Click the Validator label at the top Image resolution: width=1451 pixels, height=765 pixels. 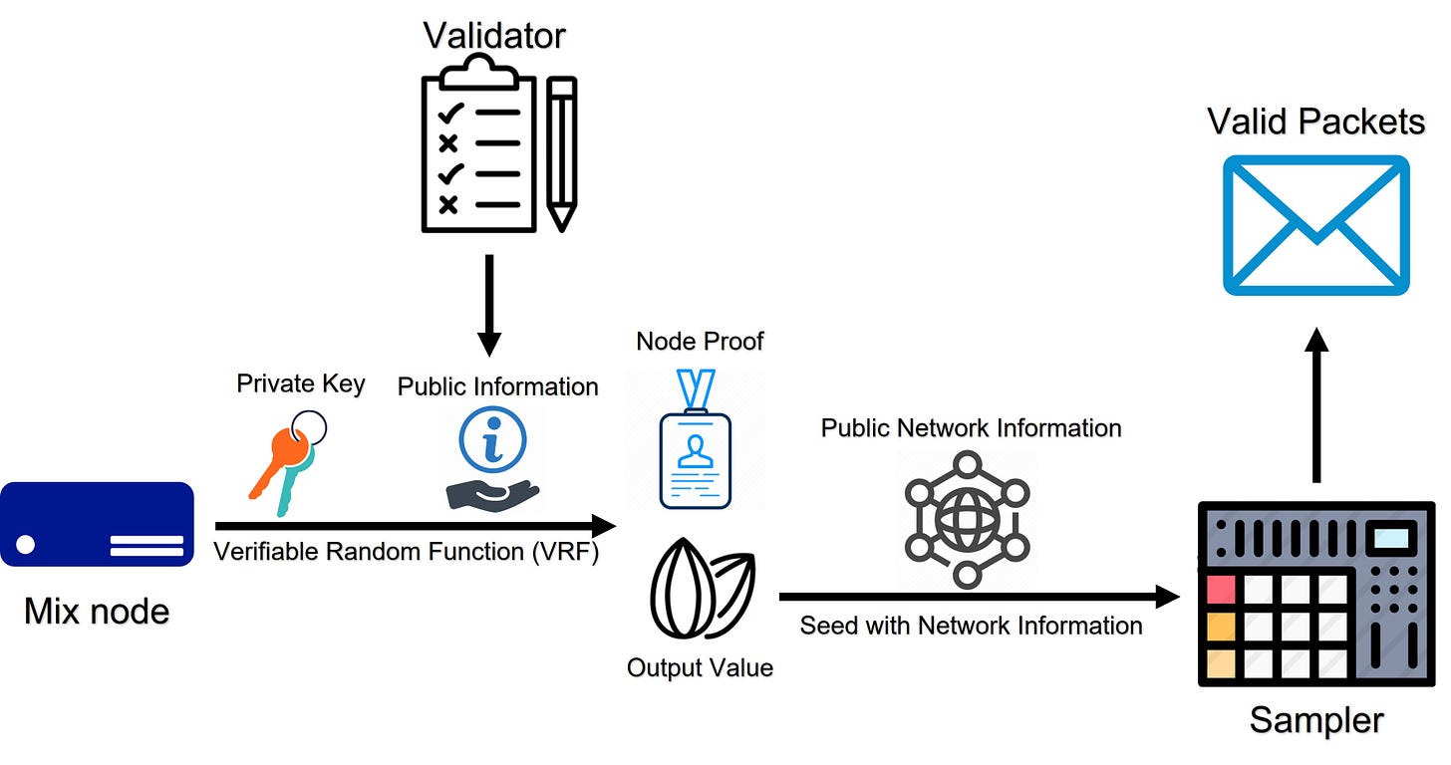click(494, 35)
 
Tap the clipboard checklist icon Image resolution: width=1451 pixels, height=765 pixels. click(478, 143)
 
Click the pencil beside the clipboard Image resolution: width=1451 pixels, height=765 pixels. click(562, 154)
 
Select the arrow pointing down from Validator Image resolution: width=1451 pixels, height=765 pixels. click(489, 305)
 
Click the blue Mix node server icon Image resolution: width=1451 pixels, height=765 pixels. click(98, 524)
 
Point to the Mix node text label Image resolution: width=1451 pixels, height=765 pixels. click(97, 611)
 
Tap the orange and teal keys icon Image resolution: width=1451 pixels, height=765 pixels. click(288, 463)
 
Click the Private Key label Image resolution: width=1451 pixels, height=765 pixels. click(301, 383)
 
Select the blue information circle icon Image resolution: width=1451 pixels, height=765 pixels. click(493, 439)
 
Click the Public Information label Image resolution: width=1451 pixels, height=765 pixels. click(497, 386)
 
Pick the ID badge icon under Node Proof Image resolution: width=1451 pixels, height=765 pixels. click(696, 439)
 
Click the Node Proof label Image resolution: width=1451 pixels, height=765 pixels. click(700, 341)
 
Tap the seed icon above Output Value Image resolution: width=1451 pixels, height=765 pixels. click(703, 589)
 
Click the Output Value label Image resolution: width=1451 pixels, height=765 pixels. click(700, 667)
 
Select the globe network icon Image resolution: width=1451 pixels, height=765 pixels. click(967, 520)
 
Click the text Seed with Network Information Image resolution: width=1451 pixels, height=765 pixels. click(971, 626)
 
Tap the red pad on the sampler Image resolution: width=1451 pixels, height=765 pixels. click(1221, 589)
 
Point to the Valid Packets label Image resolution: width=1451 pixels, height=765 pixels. click(1315, 122)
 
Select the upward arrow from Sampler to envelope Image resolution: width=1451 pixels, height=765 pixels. click(1316, 405)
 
